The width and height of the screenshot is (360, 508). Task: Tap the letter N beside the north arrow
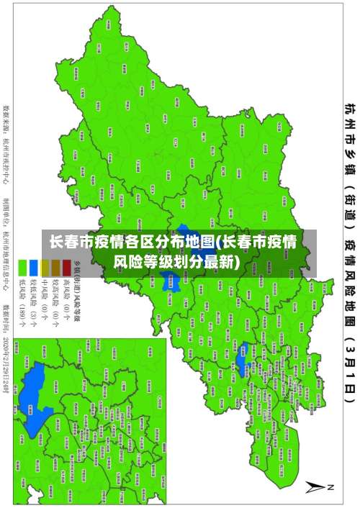coord(333,487)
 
